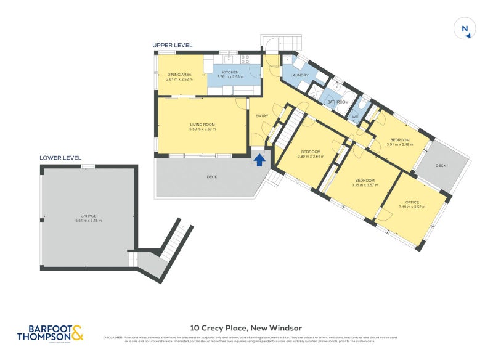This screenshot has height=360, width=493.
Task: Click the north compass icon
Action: coord(465,29)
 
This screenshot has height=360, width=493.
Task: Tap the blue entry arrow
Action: coord(260,160)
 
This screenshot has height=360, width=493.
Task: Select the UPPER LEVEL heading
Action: coord(173,45)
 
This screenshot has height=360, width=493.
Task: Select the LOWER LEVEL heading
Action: coord(60,158)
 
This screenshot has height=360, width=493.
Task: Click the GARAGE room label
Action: coord(88,216)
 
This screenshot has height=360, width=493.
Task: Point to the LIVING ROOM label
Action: coord(202,125)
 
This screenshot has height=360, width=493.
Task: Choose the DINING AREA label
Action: coord(179,75)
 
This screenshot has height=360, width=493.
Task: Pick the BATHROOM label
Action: coord(338,102)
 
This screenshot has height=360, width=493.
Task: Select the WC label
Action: coord(355,117)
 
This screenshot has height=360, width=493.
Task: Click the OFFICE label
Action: coord(412,202)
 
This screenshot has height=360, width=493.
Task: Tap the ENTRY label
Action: coord(262,116)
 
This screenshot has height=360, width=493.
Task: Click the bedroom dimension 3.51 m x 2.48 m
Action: coord(399,144)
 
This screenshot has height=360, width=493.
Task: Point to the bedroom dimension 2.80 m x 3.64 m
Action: coord(311,157)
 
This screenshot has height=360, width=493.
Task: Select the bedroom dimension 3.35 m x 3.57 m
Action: coord(367,185)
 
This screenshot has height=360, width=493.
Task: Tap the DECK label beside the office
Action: coord(441,166)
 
